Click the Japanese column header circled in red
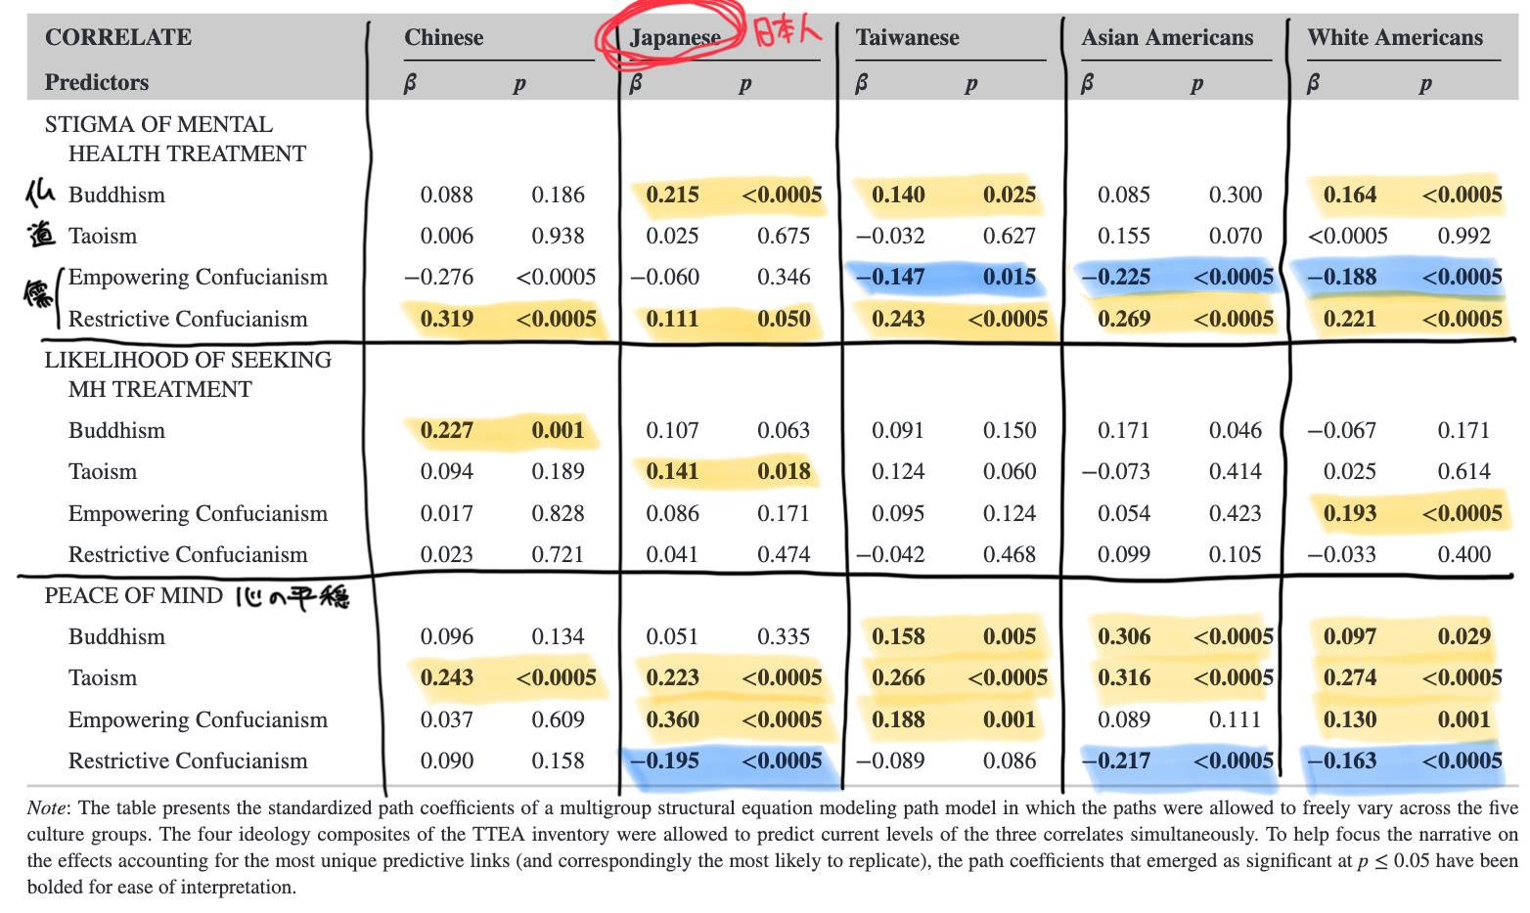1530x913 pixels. click(675, 37)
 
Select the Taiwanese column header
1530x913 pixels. click(907, 37)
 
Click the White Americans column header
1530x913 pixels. click(1395, 37)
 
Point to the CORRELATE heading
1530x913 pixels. click(118, 37)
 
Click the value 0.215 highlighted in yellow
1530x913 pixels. click(672, 195)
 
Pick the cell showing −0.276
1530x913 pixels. click(438, 277)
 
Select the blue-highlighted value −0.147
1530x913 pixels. click(890, 277)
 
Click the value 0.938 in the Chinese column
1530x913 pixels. click(558, 236)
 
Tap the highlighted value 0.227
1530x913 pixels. click(447, 430)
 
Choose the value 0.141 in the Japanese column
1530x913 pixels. click(672, 471)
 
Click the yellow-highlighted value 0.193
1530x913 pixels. click(1350, 513)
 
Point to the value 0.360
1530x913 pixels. click(672, 719)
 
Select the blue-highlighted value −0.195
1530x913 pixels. click(664, 761)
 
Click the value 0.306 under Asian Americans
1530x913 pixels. click(1124, 636)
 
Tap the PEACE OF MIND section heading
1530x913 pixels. click(134, 595)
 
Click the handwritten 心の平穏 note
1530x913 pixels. click(292, 597)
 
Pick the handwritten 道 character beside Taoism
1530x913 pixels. click(41, 235)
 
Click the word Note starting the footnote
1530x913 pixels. click(46, 807)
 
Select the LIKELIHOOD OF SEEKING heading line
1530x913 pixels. click(188, 360)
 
